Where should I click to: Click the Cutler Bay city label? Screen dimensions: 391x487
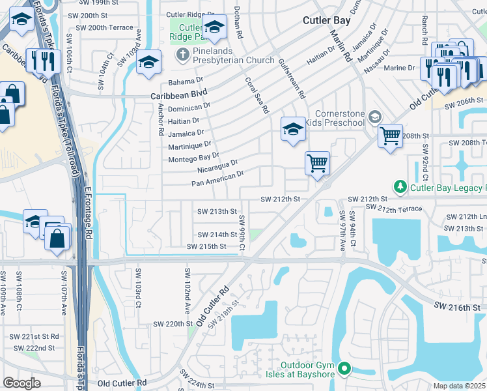click(326, 20)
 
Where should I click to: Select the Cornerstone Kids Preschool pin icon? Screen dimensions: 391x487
click(374, 118)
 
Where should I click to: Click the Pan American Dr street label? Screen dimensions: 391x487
click(217, 178)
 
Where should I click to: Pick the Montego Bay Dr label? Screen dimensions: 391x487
click(193, 158)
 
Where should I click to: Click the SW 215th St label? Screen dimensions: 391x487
click(206, 246)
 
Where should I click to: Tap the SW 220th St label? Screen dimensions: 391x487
click(173, 323)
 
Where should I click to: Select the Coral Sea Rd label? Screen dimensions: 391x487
click(257, 96)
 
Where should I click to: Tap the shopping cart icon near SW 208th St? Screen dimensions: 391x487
click(390, 136)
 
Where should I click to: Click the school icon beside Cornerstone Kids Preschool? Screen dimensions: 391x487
click(293, 128)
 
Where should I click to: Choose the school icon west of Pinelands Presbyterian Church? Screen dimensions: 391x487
click(148, 62)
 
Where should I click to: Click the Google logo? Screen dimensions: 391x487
click(21, 383)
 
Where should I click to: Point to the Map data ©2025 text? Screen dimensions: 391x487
click(460, 386)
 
